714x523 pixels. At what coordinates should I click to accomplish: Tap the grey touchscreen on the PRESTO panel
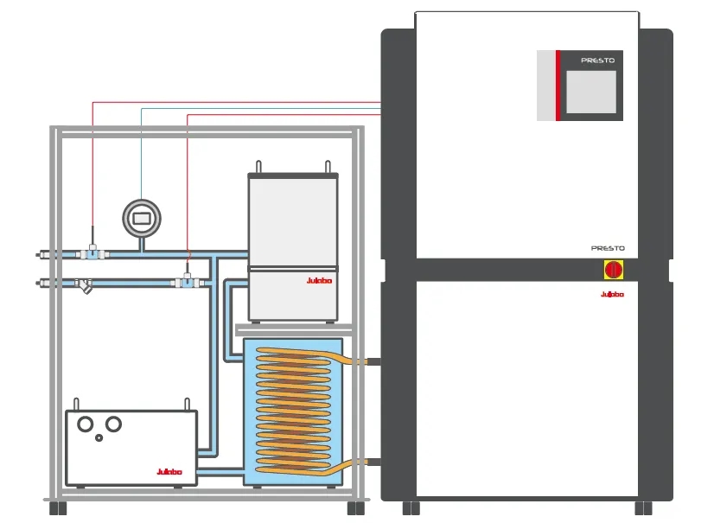(590, 92)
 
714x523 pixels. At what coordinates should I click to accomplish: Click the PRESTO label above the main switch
(608, 248)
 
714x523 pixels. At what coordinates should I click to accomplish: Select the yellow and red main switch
(613, 270)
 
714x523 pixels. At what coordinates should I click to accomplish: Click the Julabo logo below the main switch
(613, 295)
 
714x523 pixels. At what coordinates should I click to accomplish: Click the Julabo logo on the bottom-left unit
(169, 471)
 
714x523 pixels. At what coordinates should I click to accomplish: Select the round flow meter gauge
(142, 216)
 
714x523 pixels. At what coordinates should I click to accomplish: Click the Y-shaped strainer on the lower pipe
(86, 285)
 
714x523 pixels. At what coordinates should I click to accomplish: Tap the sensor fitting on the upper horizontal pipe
(92, 252)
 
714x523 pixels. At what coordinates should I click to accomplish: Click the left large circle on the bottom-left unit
(86, 424)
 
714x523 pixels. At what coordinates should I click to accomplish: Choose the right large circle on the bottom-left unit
(112, 424)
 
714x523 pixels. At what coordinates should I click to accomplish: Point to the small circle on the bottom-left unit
(99, 438)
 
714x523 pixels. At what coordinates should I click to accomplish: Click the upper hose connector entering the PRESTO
(373, 360)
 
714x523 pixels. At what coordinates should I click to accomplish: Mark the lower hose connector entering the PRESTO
(373, 462)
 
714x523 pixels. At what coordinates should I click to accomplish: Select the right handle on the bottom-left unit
(187, 405)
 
